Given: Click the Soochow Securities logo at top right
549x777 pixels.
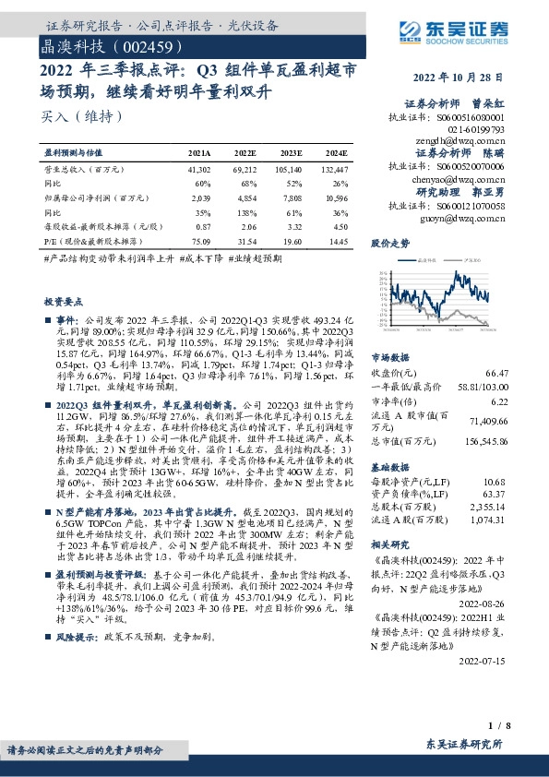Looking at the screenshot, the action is pos(461,39).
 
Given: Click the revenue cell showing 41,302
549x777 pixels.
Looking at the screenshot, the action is pos(199,171).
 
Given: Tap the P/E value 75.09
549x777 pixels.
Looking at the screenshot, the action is pos(199,242).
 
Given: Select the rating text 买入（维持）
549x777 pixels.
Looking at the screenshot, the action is pos(82,116).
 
